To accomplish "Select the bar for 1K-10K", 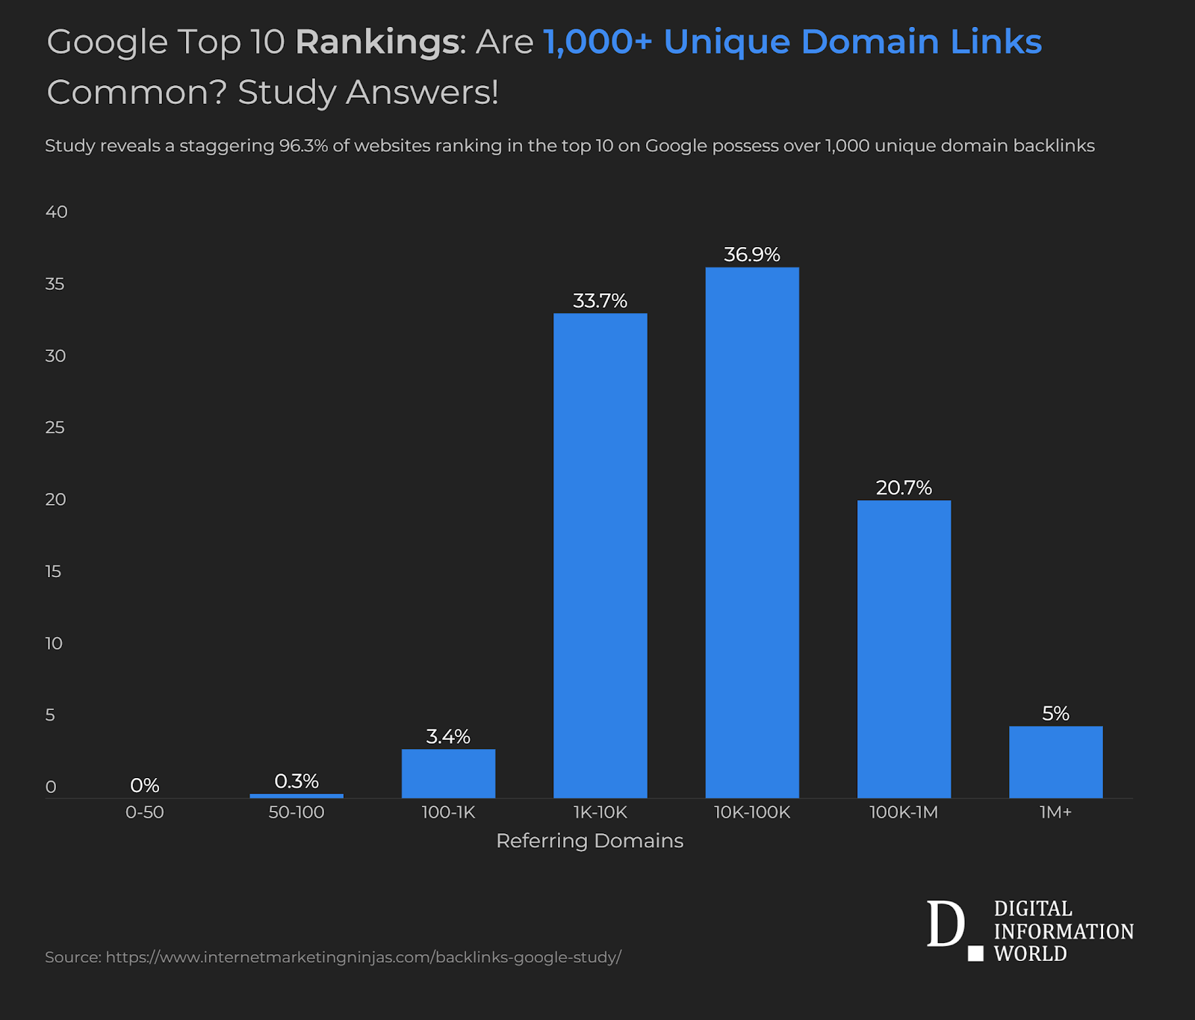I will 600,556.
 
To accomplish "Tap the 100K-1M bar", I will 904,649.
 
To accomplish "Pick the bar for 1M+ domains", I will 1055,762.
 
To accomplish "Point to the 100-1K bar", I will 448,774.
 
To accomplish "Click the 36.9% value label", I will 752,255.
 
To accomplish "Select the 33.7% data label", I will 600,301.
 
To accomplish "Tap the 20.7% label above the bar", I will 904,488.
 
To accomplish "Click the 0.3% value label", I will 297,781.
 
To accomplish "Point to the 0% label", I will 145,786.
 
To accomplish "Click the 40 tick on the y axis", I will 56,212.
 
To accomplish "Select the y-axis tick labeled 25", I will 55,428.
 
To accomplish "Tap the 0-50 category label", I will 145,812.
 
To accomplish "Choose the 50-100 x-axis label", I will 297,812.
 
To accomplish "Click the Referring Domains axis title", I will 589,841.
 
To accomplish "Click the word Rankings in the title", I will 376,42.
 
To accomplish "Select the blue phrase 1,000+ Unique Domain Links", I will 792,42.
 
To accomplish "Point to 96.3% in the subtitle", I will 303,146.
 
